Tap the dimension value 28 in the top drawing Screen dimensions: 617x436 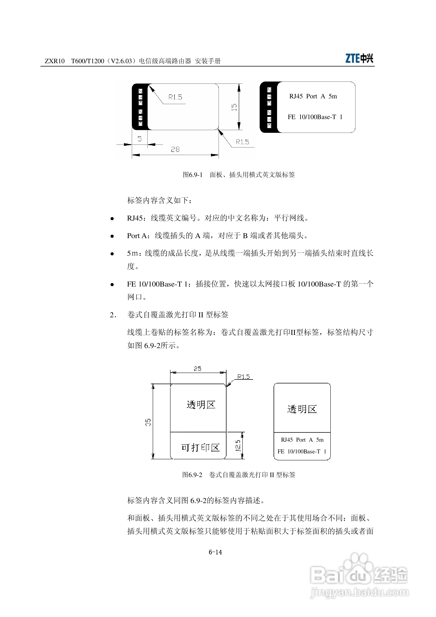tap(175, 149)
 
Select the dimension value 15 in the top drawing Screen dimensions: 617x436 tap(234, 107)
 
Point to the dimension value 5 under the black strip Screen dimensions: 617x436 tap(139, 139)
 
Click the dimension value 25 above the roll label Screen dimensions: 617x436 tap(197, 368)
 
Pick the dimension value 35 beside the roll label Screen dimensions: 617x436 tap(148, 422)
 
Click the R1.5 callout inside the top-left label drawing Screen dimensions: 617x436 tap(175, 97)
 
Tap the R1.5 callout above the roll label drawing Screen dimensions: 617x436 tap(243, 377)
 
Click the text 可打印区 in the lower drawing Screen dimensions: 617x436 tap(200, 447)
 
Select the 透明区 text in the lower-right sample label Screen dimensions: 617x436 tap(302, 409)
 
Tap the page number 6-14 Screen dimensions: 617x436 tap(215, 552)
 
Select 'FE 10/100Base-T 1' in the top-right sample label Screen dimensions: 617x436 tap(315, 117)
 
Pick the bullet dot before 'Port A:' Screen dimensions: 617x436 tap(112, 236)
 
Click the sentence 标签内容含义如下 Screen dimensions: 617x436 tap(159, 200)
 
